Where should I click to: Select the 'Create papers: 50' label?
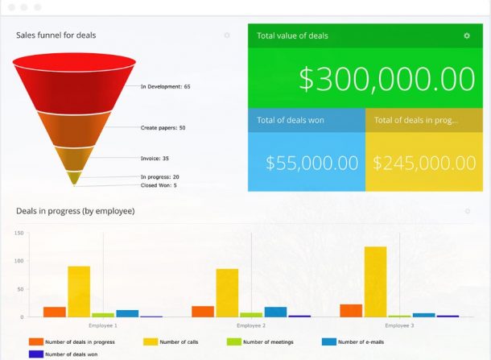(163, 127)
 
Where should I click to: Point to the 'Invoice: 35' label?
(155, 159)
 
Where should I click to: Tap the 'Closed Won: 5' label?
(159, 185)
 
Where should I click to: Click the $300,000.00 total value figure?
(386, 79)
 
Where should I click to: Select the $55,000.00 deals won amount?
(312, 162)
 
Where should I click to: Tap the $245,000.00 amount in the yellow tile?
(424, 162)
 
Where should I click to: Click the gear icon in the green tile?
(467, 35)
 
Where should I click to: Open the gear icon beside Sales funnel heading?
(227, 35)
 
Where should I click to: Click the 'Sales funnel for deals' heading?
(56, 35)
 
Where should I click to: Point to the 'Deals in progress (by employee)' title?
(75, 211)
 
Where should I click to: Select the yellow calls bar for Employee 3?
(375, 282)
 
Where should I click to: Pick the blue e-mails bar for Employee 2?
(275, 312)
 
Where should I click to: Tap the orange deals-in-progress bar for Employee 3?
(351, 311)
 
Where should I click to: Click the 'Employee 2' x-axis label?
(252, 325)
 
